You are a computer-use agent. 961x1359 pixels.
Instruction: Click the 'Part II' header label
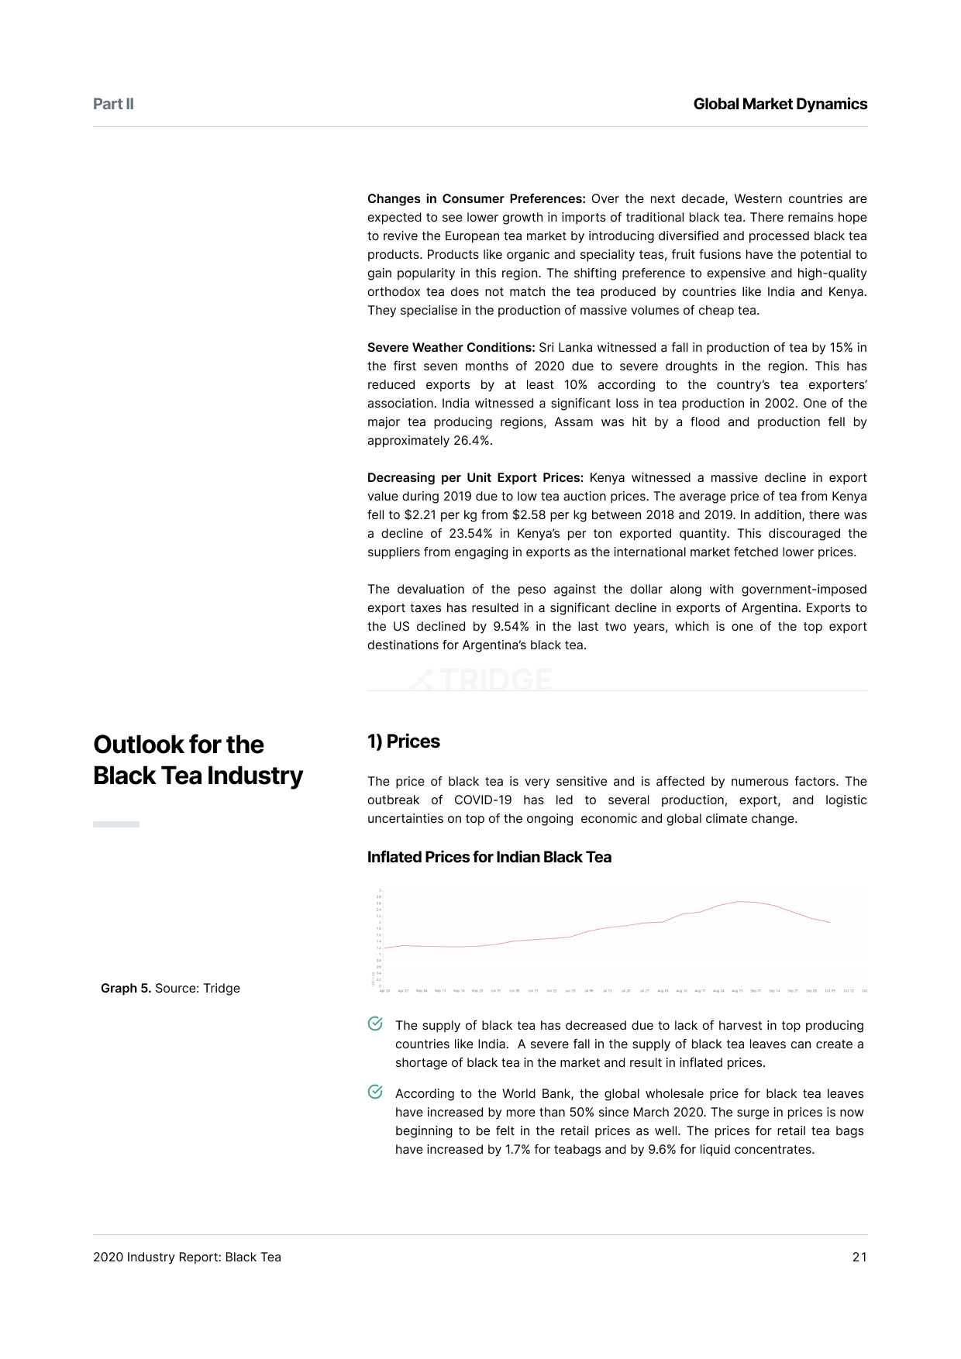[x=113, y=104]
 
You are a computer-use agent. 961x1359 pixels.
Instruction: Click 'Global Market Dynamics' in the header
[x=780, y=104]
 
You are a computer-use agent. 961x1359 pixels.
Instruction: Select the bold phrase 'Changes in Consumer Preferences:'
[x=476, y=199]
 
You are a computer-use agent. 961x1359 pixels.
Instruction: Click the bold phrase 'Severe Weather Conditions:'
[x=451, y=348]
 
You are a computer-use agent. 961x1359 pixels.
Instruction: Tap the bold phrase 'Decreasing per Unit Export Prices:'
[x=475, y=478]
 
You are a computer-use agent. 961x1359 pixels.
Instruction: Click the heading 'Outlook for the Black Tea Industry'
[x=198, y=760]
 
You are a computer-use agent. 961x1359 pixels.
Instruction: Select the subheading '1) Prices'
[x=403, y=741]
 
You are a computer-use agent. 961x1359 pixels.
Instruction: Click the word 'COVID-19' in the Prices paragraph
[x=483, y=800]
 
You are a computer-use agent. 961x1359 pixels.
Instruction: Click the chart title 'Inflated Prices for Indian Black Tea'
[x=489, y=857]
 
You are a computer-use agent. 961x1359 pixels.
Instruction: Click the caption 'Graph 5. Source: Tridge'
[x=170, y=989]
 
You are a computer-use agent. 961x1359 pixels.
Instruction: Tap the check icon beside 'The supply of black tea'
[x=375, y=1024]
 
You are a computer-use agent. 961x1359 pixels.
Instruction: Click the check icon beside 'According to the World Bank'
[x=375, y=1092]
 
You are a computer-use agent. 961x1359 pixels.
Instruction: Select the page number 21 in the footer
[x=859, y=1258]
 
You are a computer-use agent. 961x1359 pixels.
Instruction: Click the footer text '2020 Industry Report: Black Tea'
[x=187, y=1258]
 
